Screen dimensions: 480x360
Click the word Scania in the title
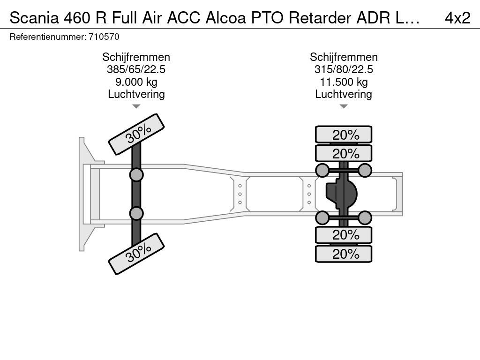click(x=34, y=18)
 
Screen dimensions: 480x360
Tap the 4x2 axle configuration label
click(x=457, y=18)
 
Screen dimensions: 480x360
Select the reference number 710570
click(x=104, y=37)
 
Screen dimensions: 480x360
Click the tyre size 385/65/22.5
click(x=136, y=69)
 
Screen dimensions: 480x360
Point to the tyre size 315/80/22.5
click(x=344, y=69)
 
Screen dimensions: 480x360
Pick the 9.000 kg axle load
click(x=136, y=82)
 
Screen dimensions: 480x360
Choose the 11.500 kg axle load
click(x=344, y=82)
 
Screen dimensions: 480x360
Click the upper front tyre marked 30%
click(x=136, y=135)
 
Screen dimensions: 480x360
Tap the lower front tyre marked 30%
click(x=136, y=254)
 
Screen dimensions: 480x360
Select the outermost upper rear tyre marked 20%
click(x=344, y=135)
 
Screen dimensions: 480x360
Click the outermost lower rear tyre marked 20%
click(x=344, y=254)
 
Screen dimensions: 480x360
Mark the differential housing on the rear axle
click(x=341, y=194)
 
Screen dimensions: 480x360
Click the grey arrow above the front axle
click(x=136, y=106)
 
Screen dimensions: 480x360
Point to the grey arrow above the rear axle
click(x=344, y=106)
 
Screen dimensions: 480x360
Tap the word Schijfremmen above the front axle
click(x=136, y=57)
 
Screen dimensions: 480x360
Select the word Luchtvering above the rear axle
click(x=344, y=94)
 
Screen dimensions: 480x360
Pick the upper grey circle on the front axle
click(x=136, y=175)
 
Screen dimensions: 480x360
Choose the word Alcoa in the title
click(x=225, y=18)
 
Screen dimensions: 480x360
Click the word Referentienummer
click(x=48, y=37)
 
